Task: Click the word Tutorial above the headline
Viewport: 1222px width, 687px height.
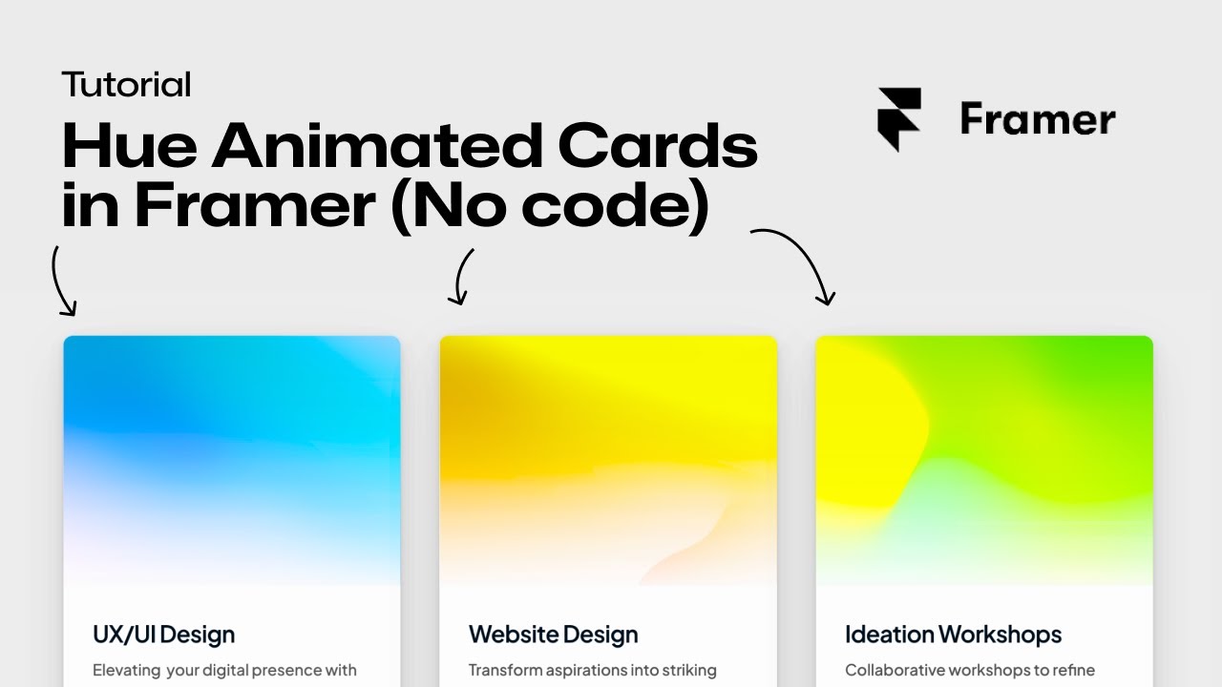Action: [x=126, y=85]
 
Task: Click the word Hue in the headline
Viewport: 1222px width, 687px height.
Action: [x=128, y=147]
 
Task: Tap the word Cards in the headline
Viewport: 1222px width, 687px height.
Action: [x=658, y=147]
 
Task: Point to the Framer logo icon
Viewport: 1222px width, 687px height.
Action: [x=899, y=119]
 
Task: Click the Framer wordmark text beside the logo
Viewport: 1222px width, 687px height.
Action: [x=1038, y=120]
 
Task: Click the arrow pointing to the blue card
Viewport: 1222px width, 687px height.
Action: [x=63, y=281]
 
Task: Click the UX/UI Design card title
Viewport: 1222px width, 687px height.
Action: [x=163, y=635]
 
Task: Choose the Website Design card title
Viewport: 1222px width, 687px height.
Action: [x=553, y=635]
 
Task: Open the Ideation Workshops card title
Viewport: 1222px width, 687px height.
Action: [x=953, y=635]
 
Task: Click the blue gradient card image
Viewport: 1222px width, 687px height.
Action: [x=232, y=460]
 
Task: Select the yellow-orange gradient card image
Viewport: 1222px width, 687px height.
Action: [x=608, y=460]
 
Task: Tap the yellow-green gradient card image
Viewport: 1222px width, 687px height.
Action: [x=984, y=460]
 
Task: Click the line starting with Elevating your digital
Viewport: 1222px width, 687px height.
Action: [x=224, y=670]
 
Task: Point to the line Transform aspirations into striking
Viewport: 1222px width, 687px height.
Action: [x=592, y=670]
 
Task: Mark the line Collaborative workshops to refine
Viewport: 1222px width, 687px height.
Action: [x=969, y=670]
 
